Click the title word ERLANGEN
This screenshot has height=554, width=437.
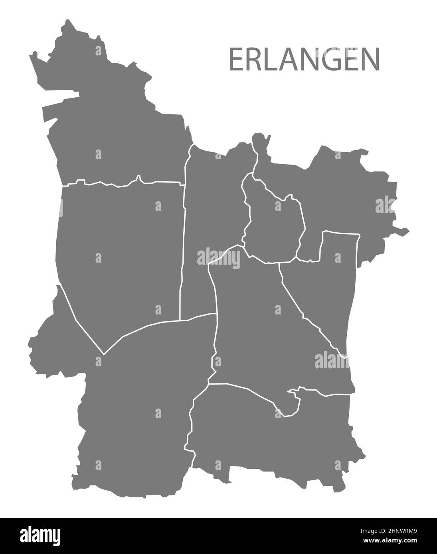tap(304, 60)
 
